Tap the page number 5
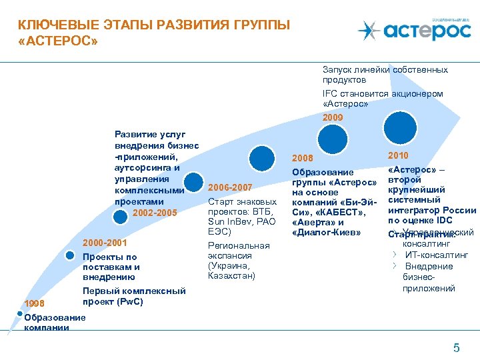pos(456,347)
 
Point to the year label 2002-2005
pos(155,213)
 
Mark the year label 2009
pos(333,117)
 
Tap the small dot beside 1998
pos(20,313)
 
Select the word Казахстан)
pos(231,275)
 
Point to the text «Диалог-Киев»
pos(326,232)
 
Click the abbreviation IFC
pos(331,94)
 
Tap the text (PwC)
pos(129,301)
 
